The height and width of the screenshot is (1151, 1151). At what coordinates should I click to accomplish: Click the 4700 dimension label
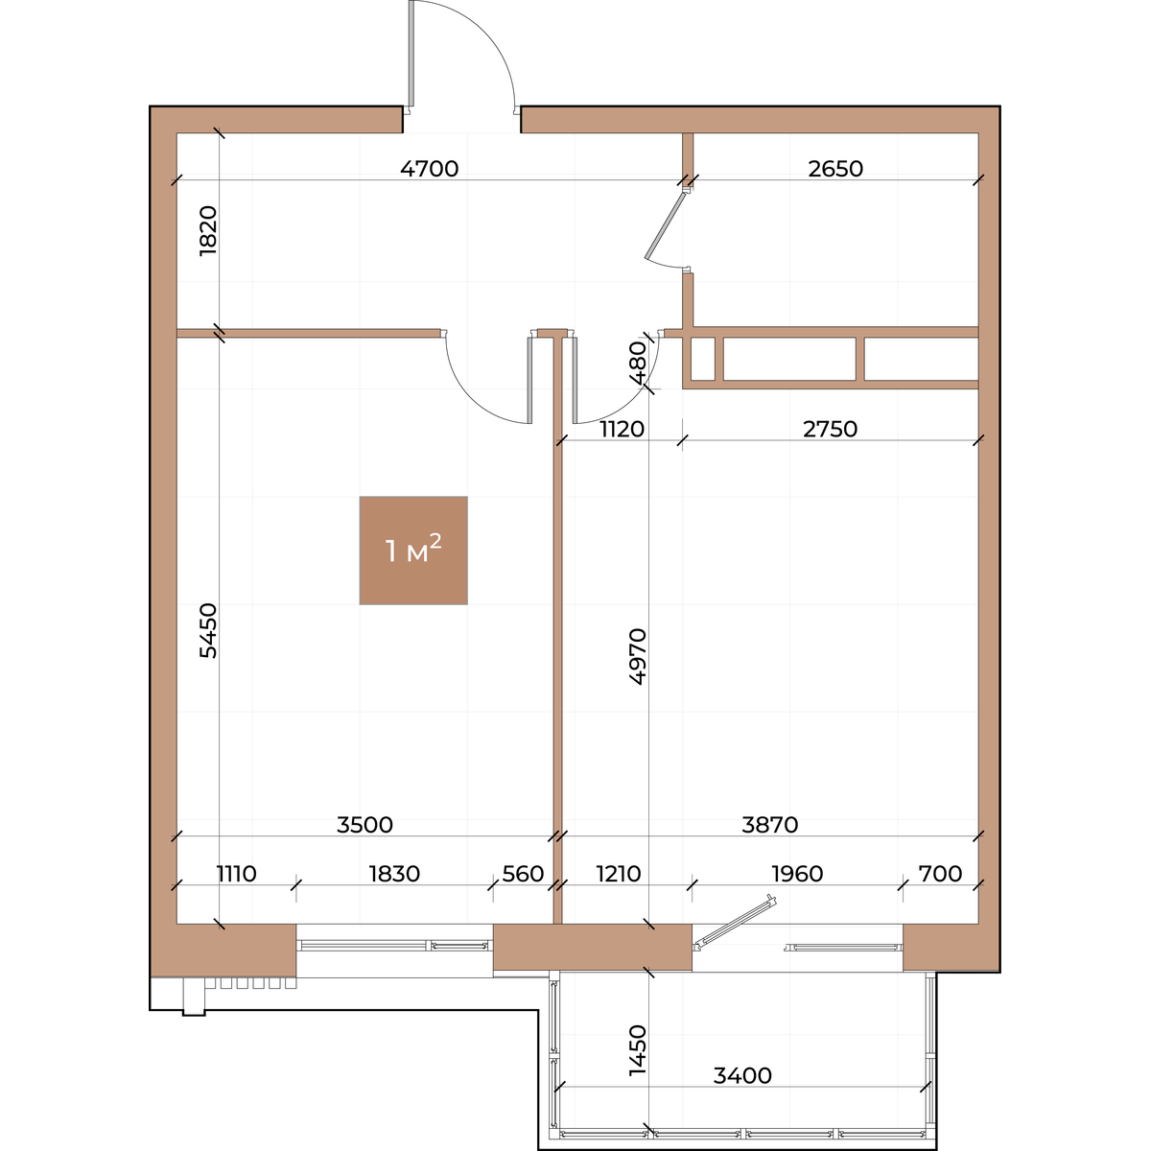(x=430, y=169)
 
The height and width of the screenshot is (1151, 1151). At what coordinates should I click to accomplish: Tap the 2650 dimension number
(x=835, y=169)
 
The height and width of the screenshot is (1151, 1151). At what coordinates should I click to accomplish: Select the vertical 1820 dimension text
(x=208, y=231)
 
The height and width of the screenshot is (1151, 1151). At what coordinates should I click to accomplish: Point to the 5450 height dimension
(x=208, y=631)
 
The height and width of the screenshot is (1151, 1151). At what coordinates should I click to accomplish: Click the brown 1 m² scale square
(x=413, y=551)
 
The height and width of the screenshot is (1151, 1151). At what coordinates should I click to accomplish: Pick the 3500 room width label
(x=364, y=825)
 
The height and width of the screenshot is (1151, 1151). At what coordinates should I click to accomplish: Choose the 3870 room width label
(x=770, y=825)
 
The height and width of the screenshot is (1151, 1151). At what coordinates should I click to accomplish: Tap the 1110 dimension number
(x=237, y=874)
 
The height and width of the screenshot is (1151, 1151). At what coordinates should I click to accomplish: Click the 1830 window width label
(x=394, y=874)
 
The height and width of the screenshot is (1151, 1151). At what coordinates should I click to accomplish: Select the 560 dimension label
(x=523, y=874)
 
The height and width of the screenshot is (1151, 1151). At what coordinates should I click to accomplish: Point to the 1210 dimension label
(x=619, y=874)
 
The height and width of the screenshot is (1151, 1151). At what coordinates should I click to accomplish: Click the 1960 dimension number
(x=797, y=874)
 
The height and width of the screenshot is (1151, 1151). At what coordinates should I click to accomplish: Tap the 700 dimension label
(x=940, y=874)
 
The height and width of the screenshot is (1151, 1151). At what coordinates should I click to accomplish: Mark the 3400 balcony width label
(x=742, y=1076)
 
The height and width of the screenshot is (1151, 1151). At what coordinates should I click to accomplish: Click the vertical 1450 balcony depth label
(x=638, y=1050)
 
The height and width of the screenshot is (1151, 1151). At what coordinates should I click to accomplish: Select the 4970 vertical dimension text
(x=638, y=656)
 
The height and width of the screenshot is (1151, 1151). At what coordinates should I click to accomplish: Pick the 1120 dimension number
(x=622, y=429)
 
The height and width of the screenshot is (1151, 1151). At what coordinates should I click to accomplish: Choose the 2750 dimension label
(x=831, y=429)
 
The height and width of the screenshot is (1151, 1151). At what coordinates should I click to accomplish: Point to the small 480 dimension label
(x=638, y=363)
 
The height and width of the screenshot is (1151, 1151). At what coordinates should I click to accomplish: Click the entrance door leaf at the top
(x=411, y=57)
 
